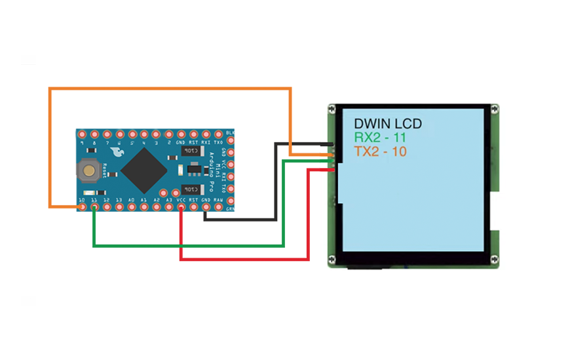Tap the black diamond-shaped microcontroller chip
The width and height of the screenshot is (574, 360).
[x=143, y=170]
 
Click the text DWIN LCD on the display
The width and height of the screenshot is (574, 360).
[x=388, y=123]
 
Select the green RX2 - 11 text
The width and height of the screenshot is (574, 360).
[x=381, y=138]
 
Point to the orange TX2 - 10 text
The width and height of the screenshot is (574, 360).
[x=381, y=152]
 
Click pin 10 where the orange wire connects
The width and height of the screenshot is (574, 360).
[x=82, y=207]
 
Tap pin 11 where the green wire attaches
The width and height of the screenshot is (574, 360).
[x=94, y=207]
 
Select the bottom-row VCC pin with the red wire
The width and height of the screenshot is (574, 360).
[x=181, y=207]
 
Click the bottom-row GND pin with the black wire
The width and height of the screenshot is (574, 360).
[x=206, y=207]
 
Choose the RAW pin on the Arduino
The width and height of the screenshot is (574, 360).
[x=218, y=207]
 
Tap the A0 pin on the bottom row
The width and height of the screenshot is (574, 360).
[x=132, y=207]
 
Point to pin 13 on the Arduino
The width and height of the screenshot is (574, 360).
[x=119, y=207]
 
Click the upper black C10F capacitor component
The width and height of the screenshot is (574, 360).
[x=190, y=151]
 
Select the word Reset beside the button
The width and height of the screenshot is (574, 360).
[x=104, y=172]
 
